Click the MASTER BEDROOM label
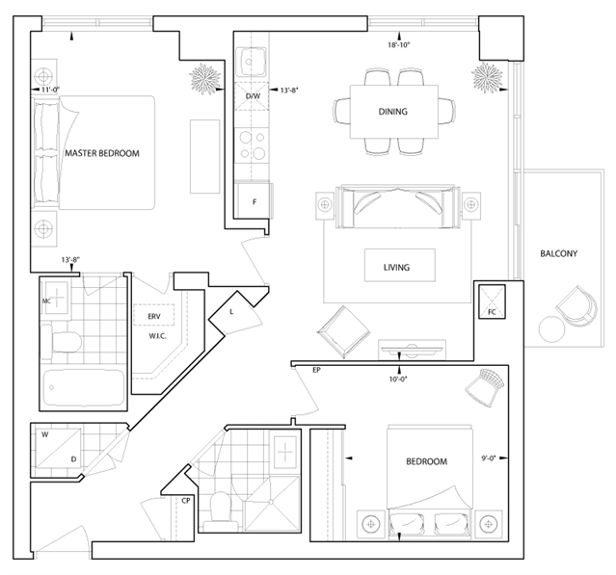click(102, 153)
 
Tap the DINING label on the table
click(393, 112)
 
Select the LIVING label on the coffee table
click(397, 268)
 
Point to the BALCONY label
click(559, 253)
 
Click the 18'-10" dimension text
click(399, 45)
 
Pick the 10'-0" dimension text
click(399, 379)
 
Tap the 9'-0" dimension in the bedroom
click(489, 457)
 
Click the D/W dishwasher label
click(253, 96)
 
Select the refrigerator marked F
click(254, 201)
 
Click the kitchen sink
click(252, 62)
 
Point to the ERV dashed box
click(154, 315)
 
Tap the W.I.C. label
click(157, 336)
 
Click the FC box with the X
click(492, 301)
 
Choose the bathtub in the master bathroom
click(84, 388)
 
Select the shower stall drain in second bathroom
click(271, 502)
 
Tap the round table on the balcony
click(551, 328)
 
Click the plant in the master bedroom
click(204, 79)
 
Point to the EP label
click(316, 370)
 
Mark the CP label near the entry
click(186, 501)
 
